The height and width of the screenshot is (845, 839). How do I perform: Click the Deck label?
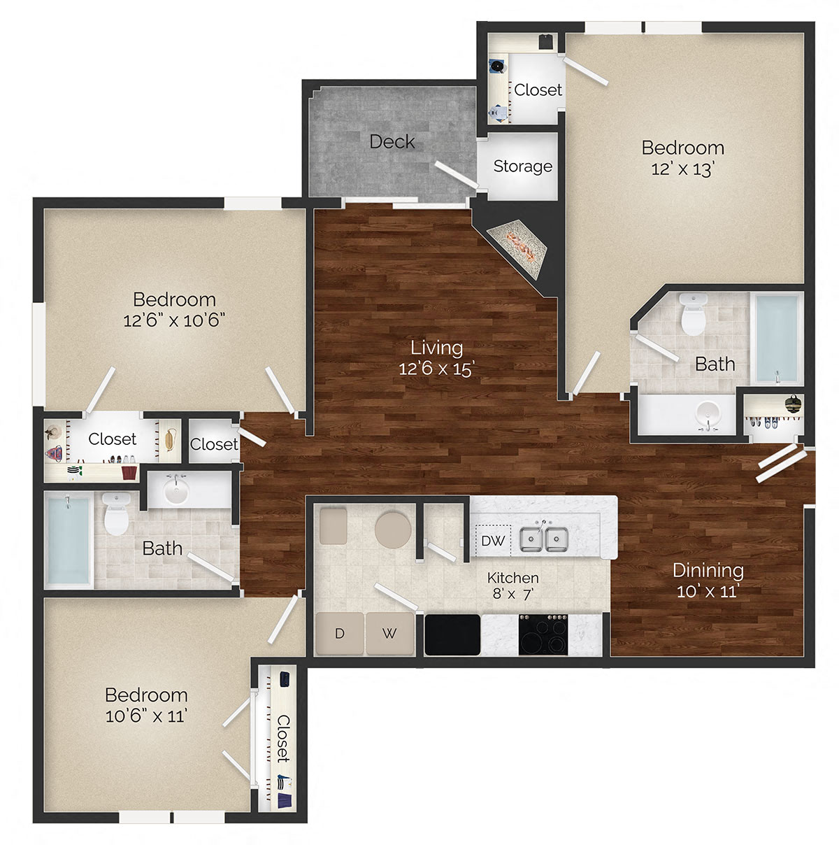pos(392,141)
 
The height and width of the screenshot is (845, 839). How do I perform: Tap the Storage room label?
pos(522,166)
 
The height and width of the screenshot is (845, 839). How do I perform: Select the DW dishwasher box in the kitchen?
pos(493,541)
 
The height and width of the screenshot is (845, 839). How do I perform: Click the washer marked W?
pos(389,634)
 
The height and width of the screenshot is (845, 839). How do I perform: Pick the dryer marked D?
pos(340,634)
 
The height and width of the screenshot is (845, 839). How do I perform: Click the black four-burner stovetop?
pos(543,634)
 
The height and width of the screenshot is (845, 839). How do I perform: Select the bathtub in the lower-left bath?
pos(69,539)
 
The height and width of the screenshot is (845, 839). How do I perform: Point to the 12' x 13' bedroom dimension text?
pos(682,169)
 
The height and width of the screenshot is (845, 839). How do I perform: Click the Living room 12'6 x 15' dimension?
pos(436,368)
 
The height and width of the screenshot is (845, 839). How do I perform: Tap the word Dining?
pos(708,570)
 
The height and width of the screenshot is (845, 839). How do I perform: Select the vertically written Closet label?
pos(282,738)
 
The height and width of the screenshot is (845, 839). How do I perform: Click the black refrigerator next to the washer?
pos(452,634)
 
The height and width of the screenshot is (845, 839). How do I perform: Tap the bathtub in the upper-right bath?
pos(777,337)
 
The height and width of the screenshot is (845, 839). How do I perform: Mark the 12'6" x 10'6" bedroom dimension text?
pos(174,320)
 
